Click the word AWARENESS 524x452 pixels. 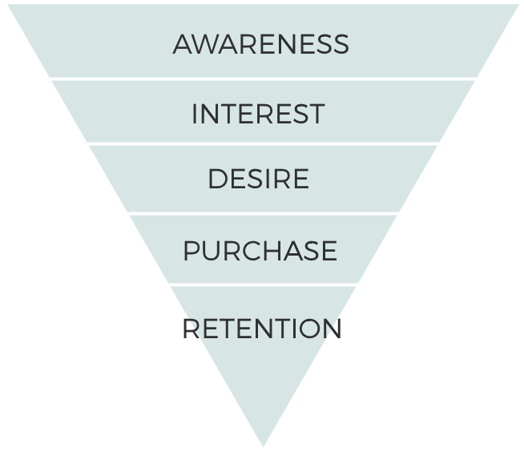coord(261,44)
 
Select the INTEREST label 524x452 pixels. coord(258,114)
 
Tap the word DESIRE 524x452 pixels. coord(258,179)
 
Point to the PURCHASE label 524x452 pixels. coord(260,250)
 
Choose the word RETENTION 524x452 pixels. coord(262,329)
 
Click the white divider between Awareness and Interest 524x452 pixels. coord(263,79)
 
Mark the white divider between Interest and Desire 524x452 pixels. coord(263,143)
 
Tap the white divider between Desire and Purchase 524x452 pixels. coord(263,213)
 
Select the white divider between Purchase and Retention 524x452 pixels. coord(263,285)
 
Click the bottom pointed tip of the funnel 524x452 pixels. coord(263,446)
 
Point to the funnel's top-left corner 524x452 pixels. coord(8,5)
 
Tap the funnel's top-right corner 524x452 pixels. coord(518,5)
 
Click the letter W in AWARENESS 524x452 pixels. coord(214,44)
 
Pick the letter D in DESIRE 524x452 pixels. coord(218,179)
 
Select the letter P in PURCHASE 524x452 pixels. coord(191,250)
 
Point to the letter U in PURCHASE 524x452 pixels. coord(211,250)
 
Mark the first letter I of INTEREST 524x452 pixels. coord(194,114)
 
